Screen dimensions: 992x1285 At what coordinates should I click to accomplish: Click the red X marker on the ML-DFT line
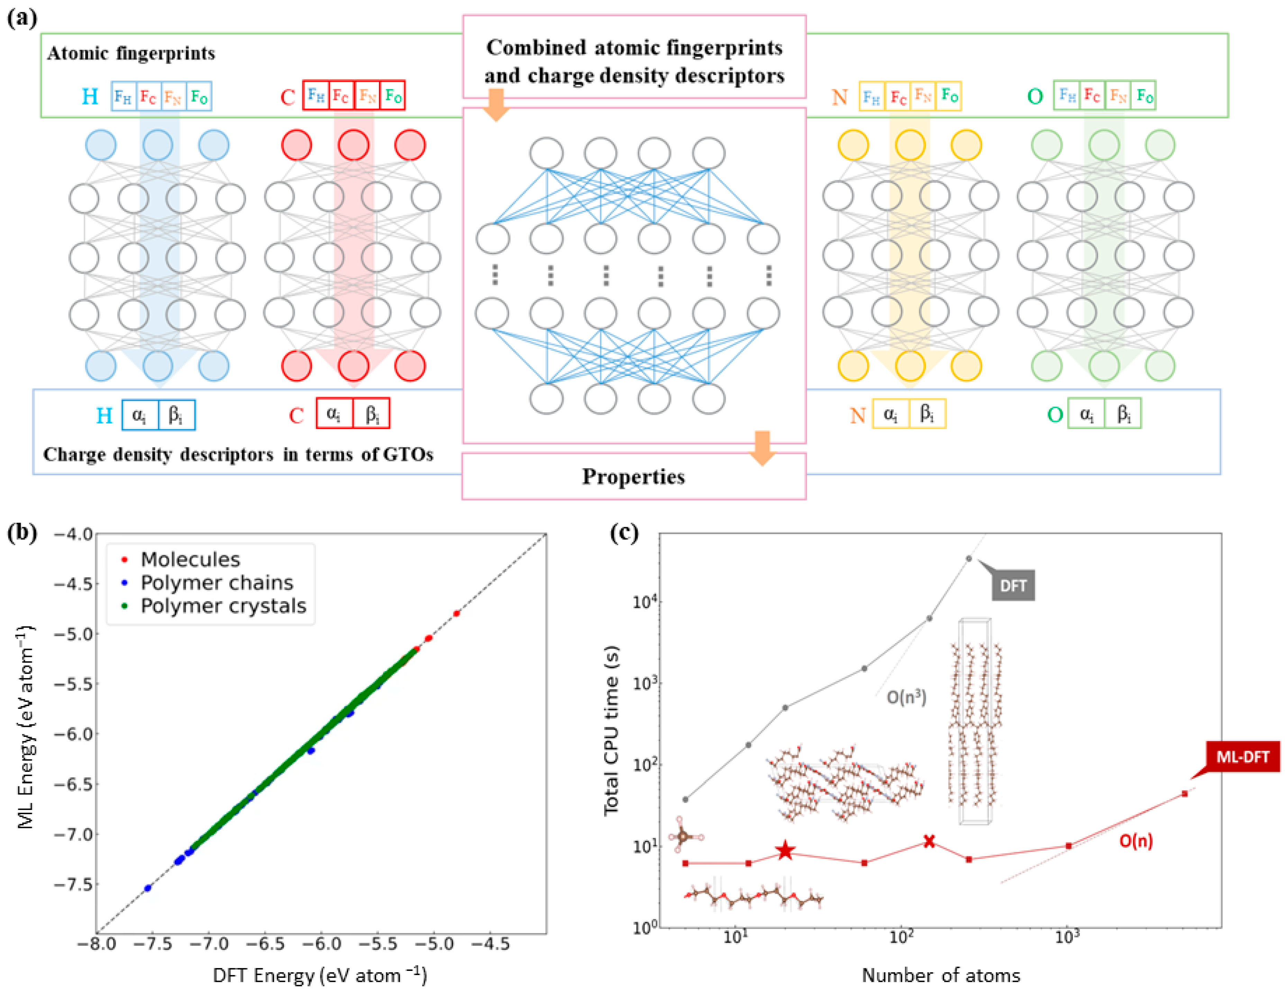click(x=929, y=841)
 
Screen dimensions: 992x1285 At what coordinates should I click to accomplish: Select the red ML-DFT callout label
click(x=1242, y=757)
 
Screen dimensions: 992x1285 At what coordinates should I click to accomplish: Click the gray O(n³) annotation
click(x=906, y=697)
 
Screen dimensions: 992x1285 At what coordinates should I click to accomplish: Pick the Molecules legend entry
click(x=190, y=559)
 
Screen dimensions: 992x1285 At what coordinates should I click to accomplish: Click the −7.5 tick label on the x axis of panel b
click(x=152, y=944)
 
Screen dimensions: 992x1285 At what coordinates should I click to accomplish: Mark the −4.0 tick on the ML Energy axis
click(x=74, y=534)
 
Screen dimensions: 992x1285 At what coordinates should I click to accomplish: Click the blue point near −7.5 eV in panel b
click(x=148, y=888)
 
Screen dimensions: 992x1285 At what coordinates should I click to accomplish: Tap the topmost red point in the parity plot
click(x=456, y=614)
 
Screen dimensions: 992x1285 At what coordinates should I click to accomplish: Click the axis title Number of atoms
click(x=940, y=975)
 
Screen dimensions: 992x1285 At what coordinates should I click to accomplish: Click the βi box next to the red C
click(x=372, y=414)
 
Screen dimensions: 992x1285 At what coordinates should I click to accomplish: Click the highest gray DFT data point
click(x=969, y=558)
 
